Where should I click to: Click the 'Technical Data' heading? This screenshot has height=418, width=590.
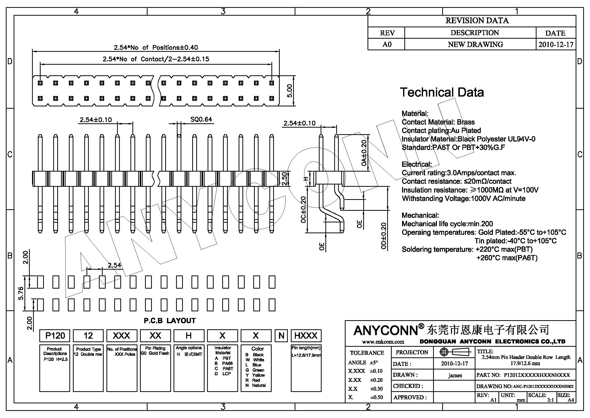pos(442,92)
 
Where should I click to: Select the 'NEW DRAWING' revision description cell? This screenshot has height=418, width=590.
pos(475,44)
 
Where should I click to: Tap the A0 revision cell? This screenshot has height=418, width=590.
pos(387,44)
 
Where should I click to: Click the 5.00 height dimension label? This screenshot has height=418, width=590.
pos(290,91)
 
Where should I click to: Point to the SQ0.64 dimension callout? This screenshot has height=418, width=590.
pos(201,120)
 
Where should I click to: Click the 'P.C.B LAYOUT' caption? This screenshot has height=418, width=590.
pos(170,321)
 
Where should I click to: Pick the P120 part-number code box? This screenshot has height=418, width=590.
pos(55,336)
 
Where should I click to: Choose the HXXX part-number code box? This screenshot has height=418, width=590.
pos(306,336)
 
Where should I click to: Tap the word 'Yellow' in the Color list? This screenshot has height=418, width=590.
pos(258,375)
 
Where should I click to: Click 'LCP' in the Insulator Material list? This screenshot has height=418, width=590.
pos(226,374)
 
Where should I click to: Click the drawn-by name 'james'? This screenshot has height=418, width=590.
pos(455,375)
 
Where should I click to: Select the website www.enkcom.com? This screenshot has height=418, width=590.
pos(383,342)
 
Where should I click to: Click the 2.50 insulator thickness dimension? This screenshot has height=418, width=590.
pos(284,179)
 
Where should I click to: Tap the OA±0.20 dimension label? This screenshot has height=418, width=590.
pos(364,153)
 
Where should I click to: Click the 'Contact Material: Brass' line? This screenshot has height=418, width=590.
pos(438,122)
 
